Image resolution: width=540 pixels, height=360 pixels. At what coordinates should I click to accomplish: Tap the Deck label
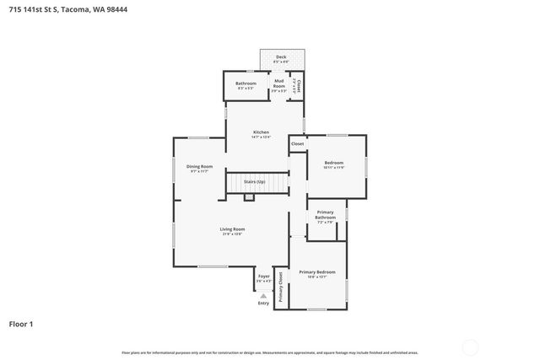pyautogui.click(x=281, y=57)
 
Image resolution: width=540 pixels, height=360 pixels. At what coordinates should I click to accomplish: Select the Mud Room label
pyautogui.click(x=278, y=82)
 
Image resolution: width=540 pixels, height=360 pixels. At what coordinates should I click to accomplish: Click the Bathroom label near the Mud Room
pyautogui.click(x=246, y=83)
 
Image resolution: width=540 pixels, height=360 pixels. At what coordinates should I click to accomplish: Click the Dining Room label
pyautogui.click(x=199, y=167)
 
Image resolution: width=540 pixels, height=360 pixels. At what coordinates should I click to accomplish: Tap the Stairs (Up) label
pyautogui.click(x=255, y=181)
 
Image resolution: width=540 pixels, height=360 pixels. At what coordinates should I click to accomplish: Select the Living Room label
pyautogui.click(x=232, y=229)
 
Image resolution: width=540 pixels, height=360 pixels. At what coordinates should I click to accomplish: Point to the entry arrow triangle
pyautogui.click(x=263, y=295)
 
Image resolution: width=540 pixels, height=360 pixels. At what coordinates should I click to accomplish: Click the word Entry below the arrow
pyautogui.click(x=263, y=304)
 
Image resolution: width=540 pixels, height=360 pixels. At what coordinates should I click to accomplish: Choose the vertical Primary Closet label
pyautogui.click(x=281, y=287)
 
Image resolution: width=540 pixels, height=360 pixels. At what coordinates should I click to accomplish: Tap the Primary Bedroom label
pyautogui.click(x=317, y=272)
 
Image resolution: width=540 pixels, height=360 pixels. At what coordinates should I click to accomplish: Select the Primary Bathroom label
pyautogui.click(x=326, y=215)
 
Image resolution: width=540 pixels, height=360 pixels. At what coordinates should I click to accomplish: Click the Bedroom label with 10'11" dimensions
pyautogui.click(x=335, y=163)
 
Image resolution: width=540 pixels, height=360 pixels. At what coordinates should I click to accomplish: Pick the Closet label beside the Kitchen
pyautogui.click(x=297, y=144)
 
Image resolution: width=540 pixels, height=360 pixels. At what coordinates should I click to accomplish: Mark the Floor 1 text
pyautogui.click(x=21, y=324)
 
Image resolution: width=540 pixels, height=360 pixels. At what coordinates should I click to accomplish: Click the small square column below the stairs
pyautogui.click(x=249, y=197)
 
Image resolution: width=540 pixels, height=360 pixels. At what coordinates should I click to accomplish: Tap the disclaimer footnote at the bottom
pyautogui.click(x=270, y=352)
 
